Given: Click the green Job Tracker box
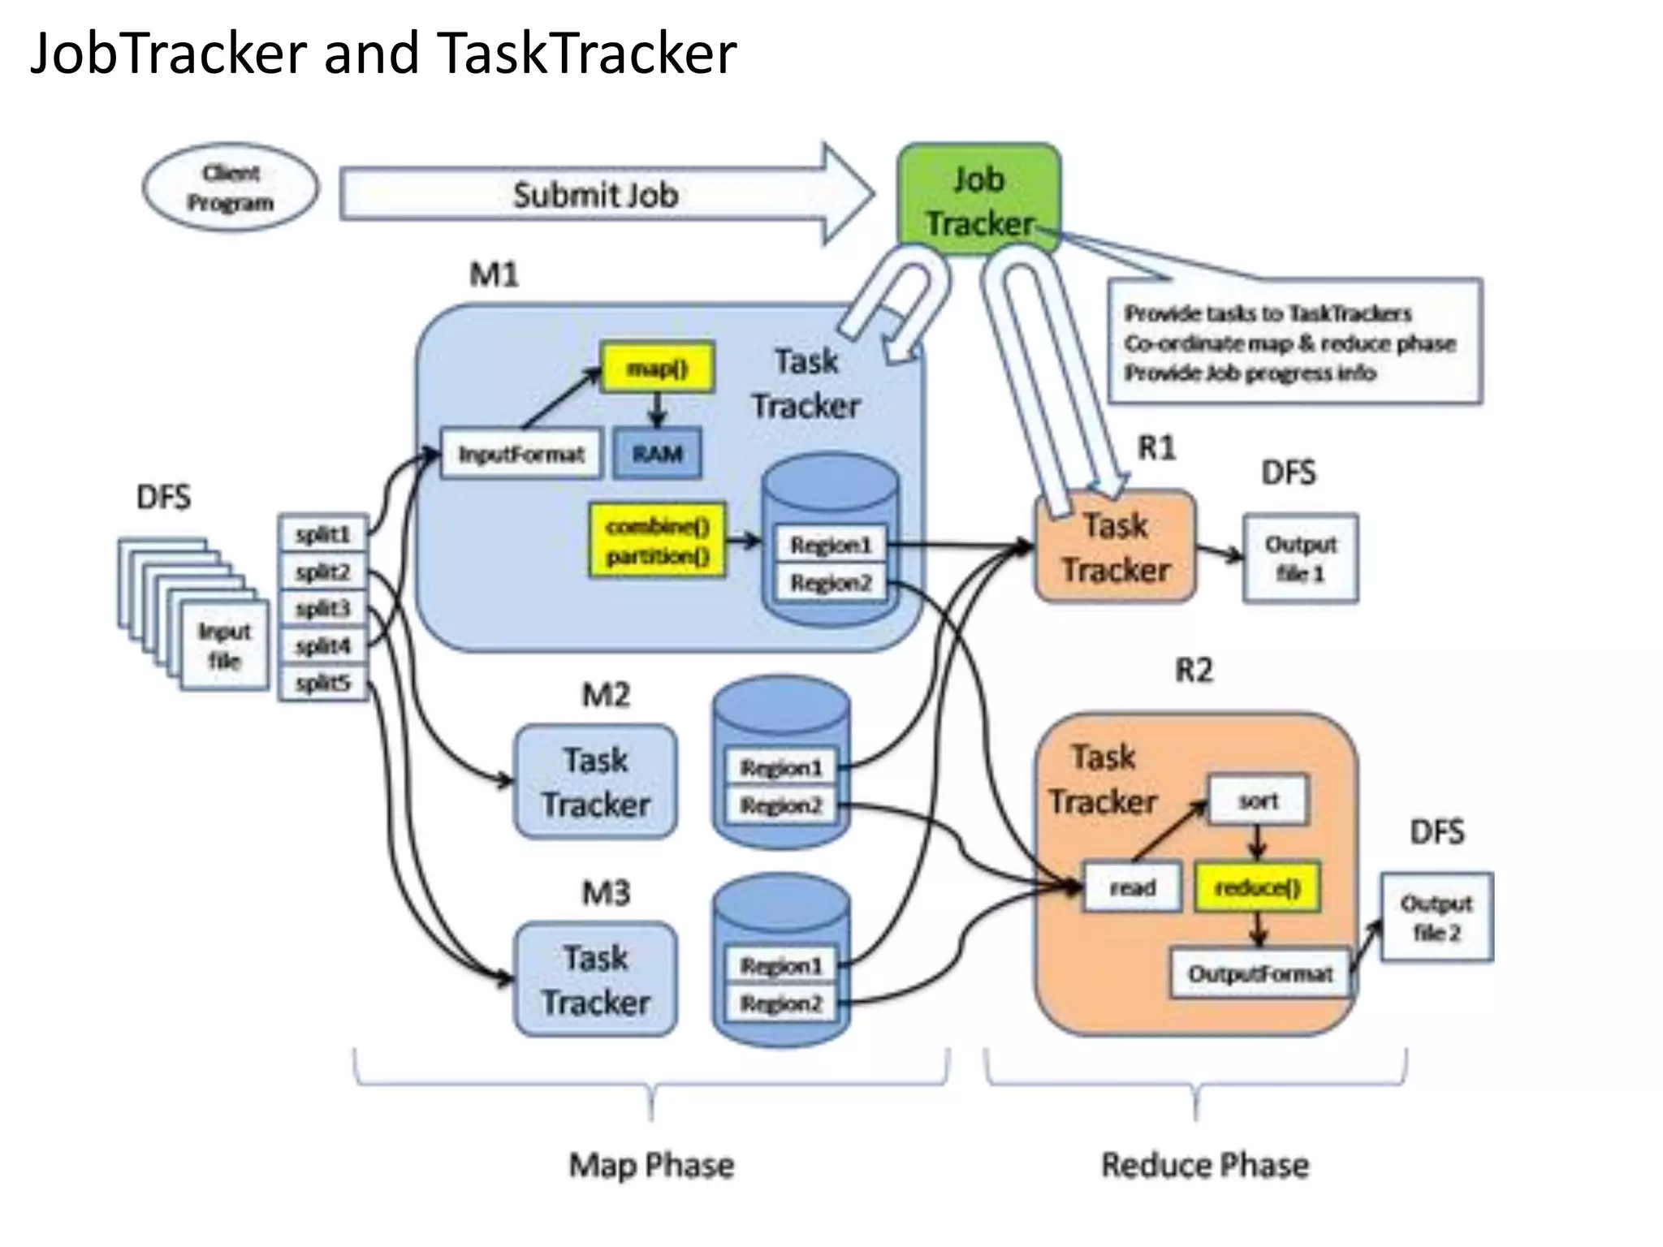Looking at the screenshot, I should pos(978,199).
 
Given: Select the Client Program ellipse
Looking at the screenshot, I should pos(231,188).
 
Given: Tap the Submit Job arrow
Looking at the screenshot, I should pos(595,195).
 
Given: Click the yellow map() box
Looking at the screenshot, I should pos(657,369).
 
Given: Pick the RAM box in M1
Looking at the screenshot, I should pos(657,453).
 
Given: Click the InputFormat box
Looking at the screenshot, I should pos(520,453).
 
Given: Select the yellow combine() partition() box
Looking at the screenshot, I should pos(657,541).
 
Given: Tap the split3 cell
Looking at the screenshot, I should pos(323,608).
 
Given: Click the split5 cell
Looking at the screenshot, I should pos(323,683).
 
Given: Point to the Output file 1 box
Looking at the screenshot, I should pos(1300,558).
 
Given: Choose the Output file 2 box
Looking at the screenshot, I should pos(1436,917).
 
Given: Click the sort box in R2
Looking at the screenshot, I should pos(1258,801).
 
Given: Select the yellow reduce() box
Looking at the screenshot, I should pos(1257,887).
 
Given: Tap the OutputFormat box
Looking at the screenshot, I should pos(1260,973).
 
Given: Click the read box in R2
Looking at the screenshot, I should pos(1132,887).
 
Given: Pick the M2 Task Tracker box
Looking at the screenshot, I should pos(595,782).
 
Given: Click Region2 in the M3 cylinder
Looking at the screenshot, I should pos(780,1003).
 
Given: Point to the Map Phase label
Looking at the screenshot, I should pos(651,1165).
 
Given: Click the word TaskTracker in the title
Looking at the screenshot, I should pos(585,54).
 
